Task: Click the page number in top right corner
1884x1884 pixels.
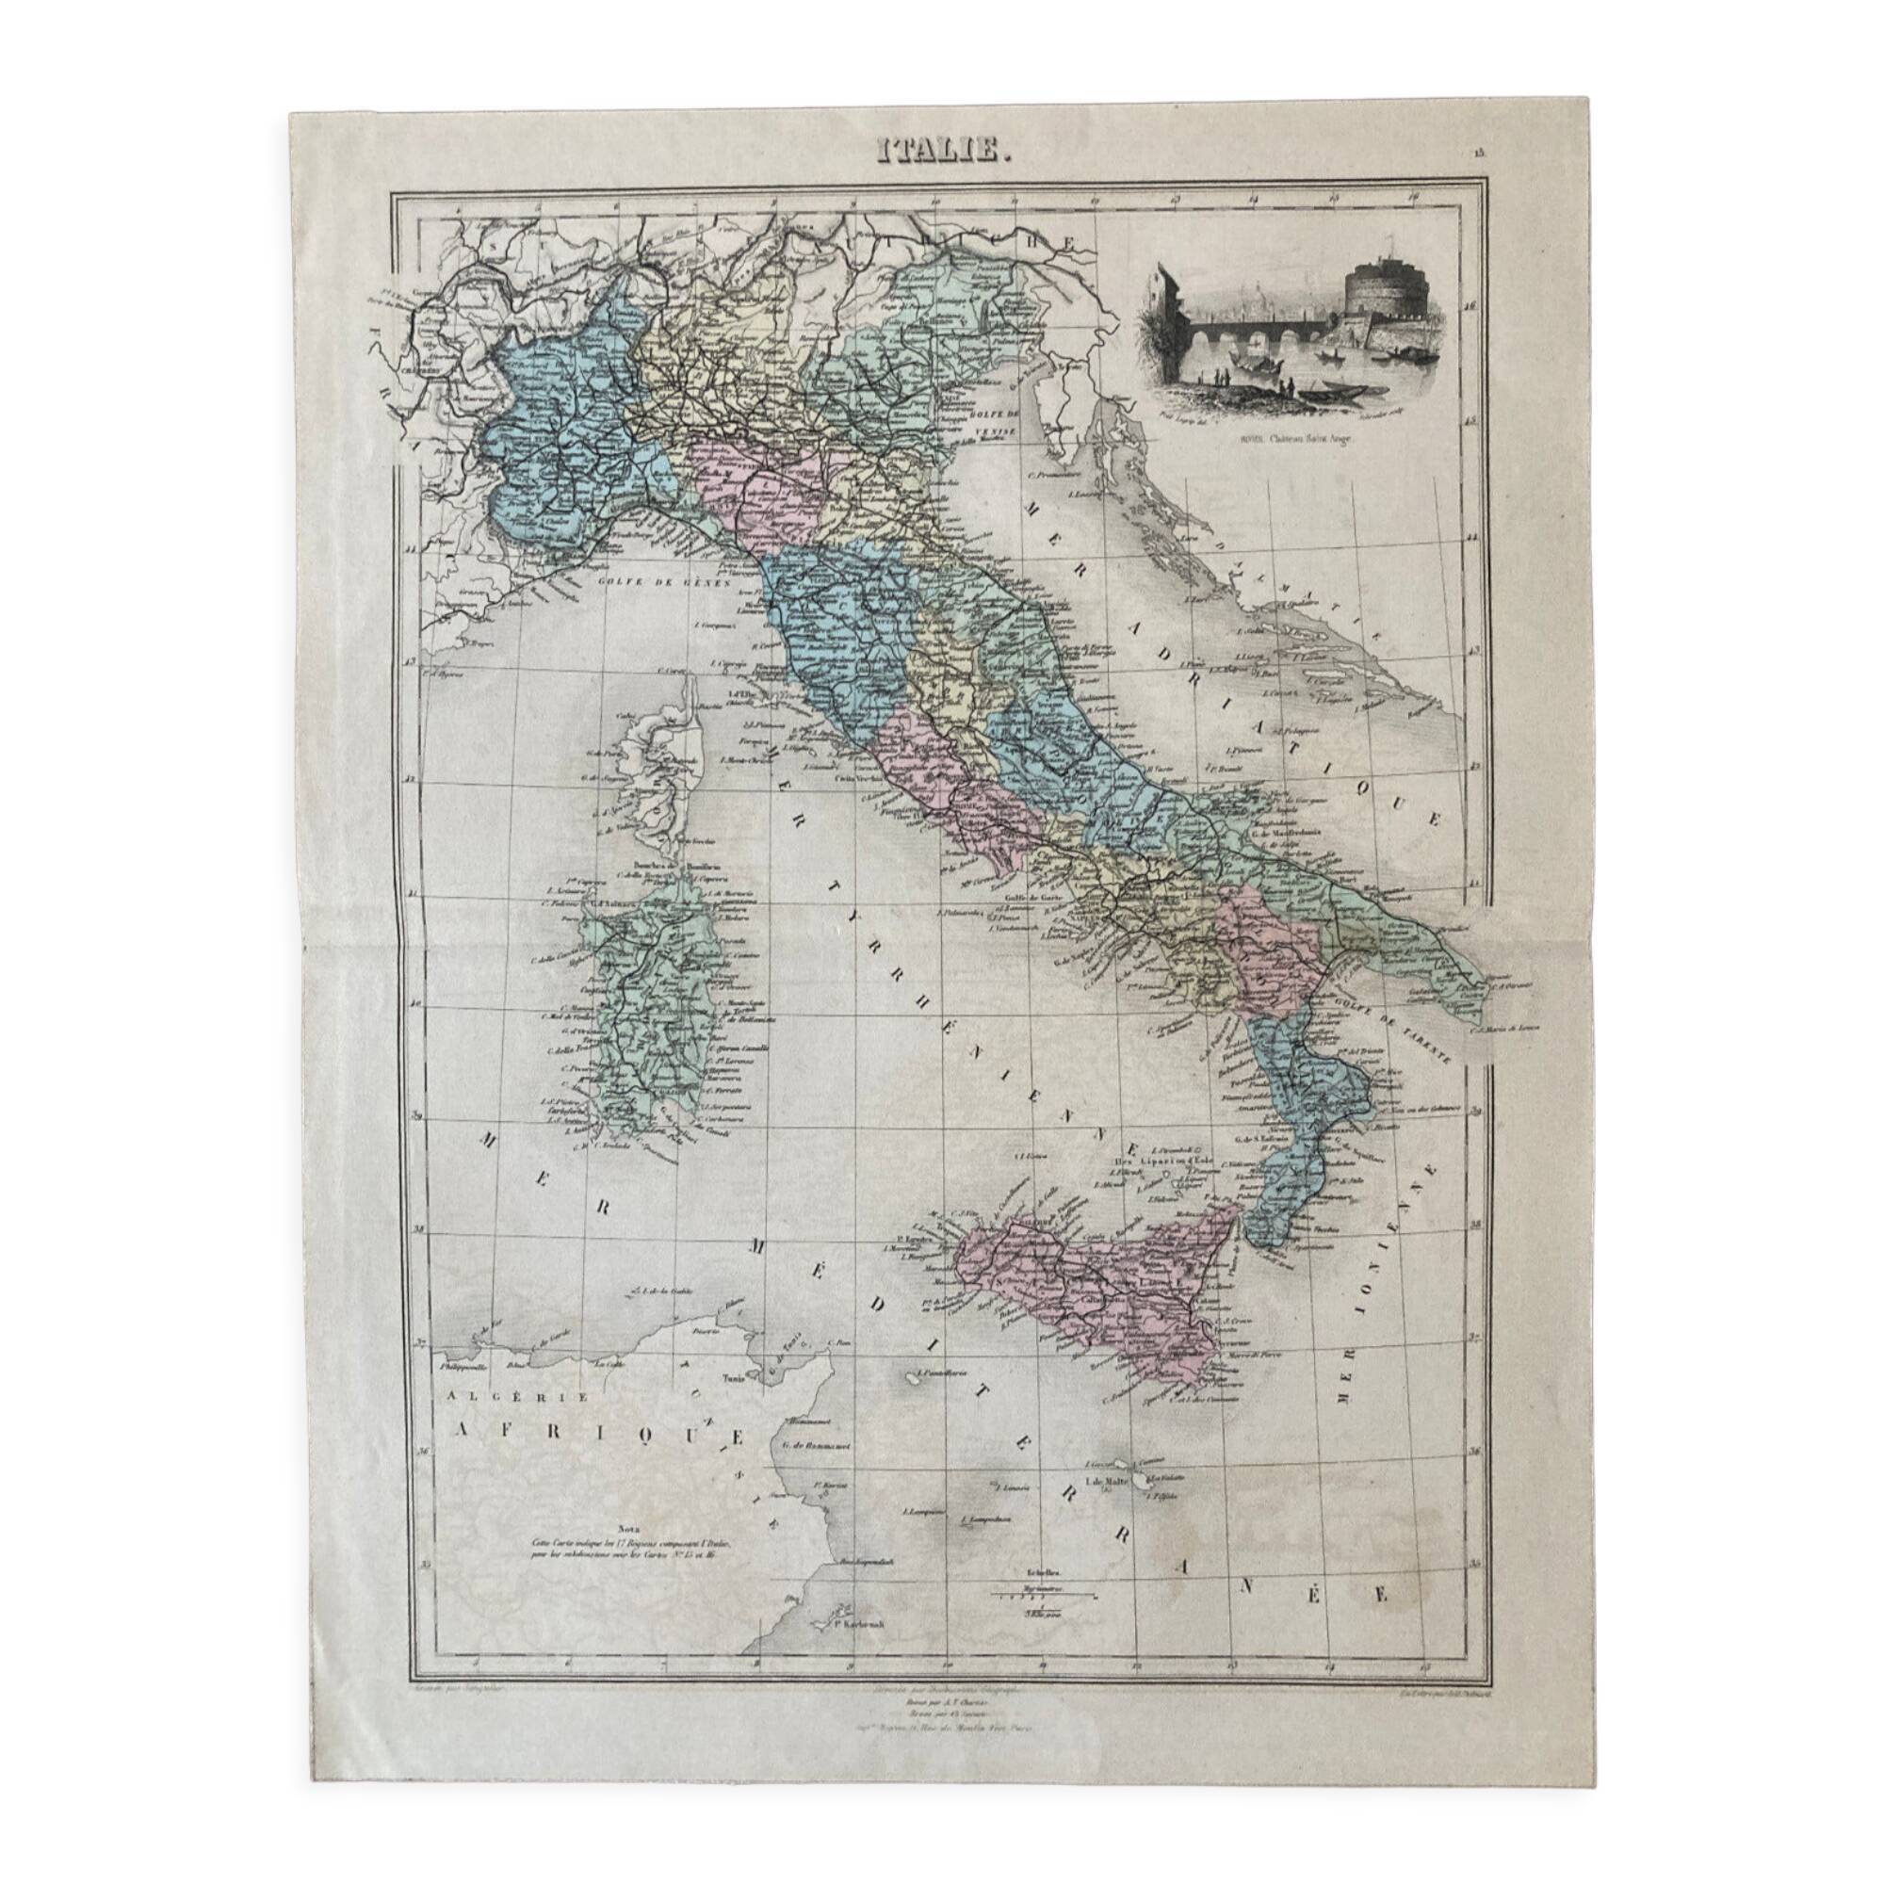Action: [x=1479, y=152]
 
